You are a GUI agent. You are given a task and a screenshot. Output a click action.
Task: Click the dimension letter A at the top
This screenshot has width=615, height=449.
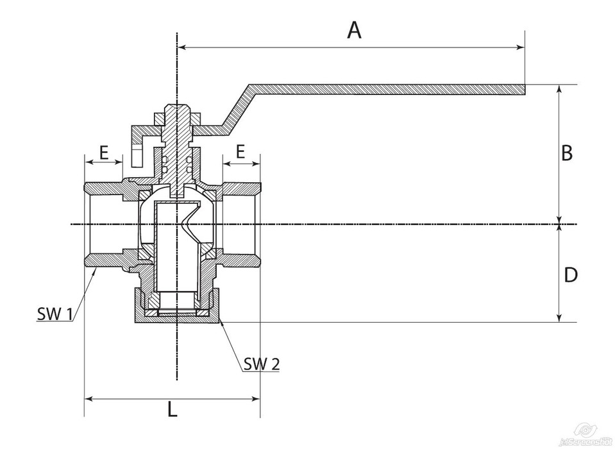pyautogui.click(x=354, y=30)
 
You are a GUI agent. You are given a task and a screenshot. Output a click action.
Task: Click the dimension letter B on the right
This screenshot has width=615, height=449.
pyautogui.click(x=567, y=153)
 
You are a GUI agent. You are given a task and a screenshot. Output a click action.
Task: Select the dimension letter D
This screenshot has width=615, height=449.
pyautogui.click(x=571, y=275)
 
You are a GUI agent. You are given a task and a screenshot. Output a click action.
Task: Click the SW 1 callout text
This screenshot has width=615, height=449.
pyautogui.click(x=55, y=314)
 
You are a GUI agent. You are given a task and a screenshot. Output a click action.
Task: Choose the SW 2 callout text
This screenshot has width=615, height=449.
pyautogui.click(x=261, y=364)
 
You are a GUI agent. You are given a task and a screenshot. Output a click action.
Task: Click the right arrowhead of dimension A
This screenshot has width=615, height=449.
pyautogui.click(x=520, y=47)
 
